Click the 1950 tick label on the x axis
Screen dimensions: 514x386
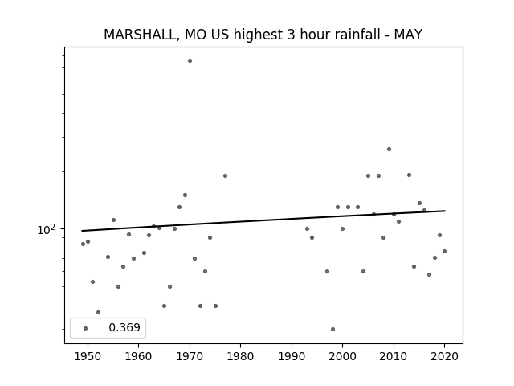coord(88,356)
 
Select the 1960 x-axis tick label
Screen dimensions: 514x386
coord(138,356)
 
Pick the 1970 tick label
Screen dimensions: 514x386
coord(190,356)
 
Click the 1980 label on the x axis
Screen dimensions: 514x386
coord(240,356)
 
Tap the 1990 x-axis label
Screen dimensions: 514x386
coord(292,356)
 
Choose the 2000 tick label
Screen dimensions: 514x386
coord(343,356)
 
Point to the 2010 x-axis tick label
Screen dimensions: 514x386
coord(394,356)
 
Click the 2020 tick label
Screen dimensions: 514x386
coord(444,356)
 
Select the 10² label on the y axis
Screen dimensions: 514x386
coord(46,229)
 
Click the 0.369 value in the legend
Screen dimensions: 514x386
coord(124,327)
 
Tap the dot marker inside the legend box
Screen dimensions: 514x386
coord(86,328)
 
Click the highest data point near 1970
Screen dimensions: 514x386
coord(190,61)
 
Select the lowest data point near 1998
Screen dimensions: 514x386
coord(332,329)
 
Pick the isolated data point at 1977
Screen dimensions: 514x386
coord(225,175)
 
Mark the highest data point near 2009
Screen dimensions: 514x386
coord(389,149)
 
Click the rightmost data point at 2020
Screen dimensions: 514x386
coord(444,252)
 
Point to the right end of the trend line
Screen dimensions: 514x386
coord(445,211)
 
